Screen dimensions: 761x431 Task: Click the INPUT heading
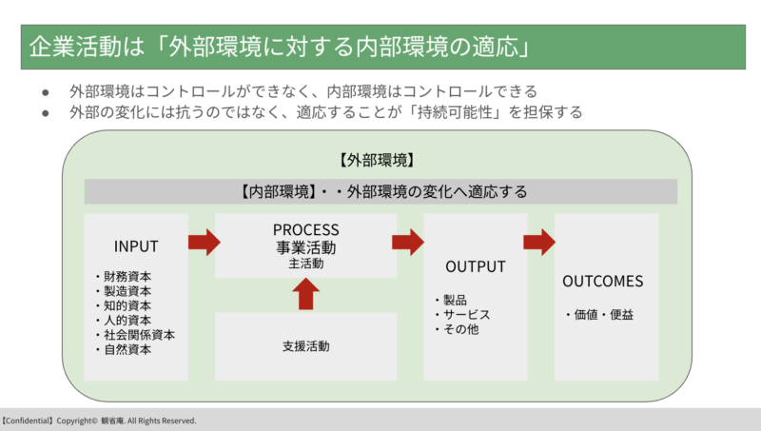(x=136, y=246)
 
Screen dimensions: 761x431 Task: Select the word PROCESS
(x=305, y=229)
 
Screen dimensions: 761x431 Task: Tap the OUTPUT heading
(x=476, y=266)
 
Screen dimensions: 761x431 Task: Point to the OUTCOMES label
(x=603, y=281)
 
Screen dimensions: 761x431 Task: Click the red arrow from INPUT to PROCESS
(x=205, y=243)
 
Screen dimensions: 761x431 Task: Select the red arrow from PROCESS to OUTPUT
(x=408, y=243)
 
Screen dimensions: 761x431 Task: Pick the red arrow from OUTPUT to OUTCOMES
(x=539, y=243)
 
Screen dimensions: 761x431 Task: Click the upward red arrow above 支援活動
(x=305, y=294)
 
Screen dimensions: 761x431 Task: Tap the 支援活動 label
(x=305, y=346)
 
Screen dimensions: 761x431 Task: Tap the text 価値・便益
(x=599, y=315)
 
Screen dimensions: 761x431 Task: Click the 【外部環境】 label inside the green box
(x=377, y=160)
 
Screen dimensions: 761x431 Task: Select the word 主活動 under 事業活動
(x=305, y=264)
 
